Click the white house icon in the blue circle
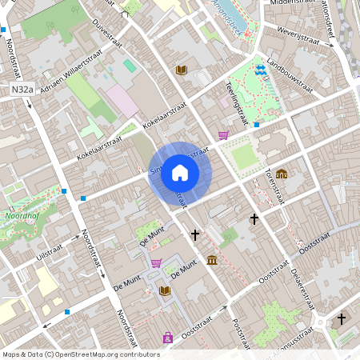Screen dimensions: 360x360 (180, 173)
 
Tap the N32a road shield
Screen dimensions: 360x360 (22, 91)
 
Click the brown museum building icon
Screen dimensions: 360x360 (212, 260)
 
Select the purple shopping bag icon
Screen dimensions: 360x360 (167, 337)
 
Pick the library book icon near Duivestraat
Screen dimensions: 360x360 (181, 70)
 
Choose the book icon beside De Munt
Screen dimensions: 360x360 (165, 290)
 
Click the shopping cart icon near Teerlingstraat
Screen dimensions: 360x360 (223, 135)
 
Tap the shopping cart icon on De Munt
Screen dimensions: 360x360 (156, 262)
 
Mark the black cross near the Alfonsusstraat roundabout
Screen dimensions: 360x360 (342, 318)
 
